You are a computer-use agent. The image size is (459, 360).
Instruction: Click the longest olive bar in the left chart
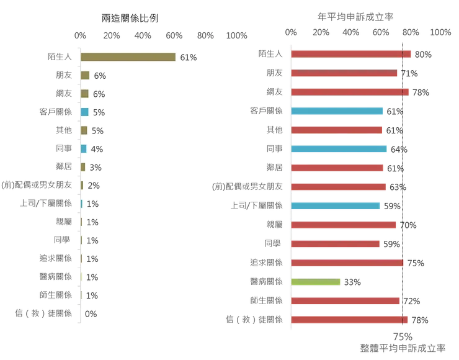[128, 57]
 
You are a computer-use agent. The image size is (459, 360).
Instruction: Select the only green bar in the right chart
[316, 282]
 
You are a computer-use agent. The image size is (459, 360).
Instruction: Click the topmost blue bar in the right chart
[338, 112]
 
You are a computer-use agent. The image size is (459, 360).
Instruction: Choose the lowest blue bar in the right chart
[336, 206]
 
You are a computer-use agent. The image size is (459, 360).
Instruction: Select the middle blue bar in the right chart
[339, 150]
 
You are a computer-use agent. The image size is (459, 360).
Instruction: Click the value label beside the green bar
[352, 282]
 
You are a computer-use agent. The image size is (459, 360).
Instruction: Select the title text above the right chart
[357, 13]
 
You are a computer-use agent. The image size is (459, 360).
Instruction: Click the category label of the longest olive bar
[58, 57]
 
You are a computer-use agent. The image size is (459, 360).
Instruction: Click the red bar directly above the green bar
[347, 263]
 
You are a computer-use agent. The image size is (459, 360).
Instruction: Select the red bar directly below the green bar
[345, 301]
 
